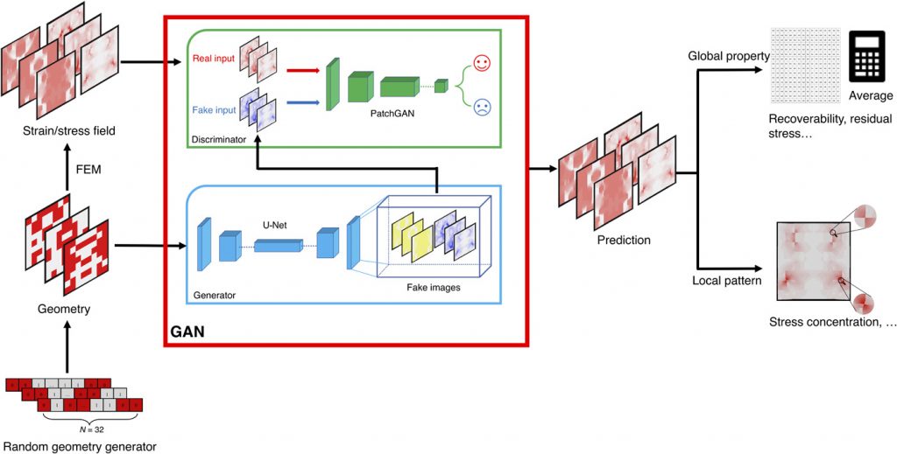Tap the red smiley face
(481, 64)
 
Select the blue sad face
(481, 108)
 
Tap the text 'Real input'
(211, 60)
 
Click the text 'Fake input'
(211, 110)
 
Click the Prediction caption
(624, 240)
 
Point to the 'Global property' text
(728, 57)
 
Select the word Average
(871, 95)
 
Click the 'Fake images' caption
(433, 287)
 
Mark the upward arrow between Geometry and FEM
(67, 179)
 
